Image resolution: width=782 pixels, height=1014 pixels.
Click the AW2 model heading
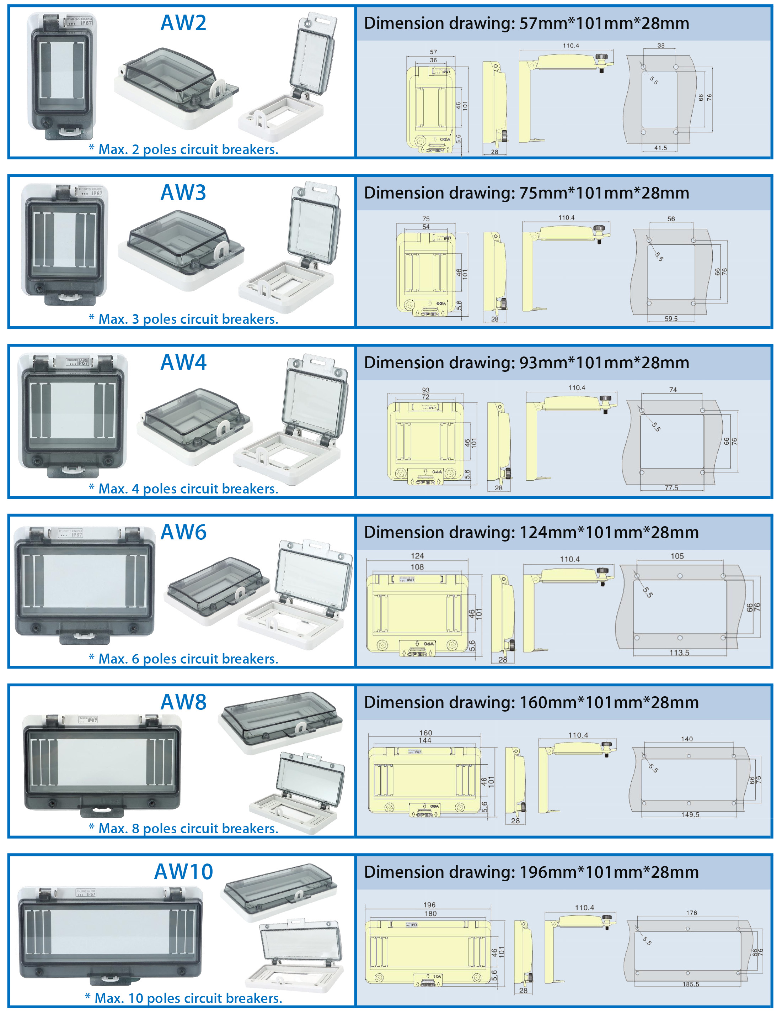click(183, 23)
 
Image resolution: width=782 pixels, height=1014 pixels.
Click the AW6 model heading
click(183, 532)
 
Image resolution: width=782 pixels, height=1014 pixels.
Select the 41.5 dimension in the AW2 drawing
click(660, 148)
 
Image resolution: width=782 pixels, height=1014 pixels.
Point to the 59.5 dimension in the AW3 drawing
click(671, 318)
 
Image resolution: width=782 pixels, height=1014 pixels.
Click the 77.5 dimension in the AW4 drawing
click(671, 487)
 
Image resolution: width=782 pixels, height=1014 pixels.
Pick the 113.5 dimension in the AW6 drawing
click(679, 653)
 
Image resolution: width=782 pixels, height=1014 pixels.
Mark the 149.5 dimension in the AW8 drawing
click(690, 814)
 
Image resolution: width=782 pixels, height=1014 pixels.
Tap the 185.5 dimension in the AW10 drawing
click(691, 984)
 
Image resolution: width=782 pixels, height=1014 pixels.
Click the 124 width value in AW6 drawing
click(417, 556)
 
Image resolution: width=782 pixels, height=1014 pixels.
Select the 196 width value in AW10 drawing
click(429, 905)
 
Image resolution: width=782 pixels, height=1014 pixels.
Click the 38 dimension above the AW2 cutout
click(660, 46)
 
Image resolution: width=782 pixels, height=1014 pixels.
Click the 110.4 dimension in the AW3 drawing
click(566, 217)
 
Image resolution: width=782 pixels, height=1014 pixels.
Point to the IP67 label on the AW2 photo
click(86, 23)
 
